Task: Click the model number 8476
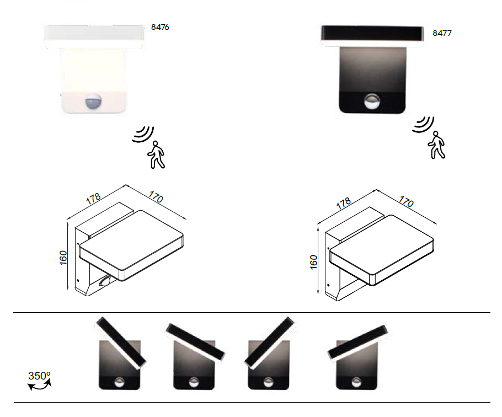coord(160,27)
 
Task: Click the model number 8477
coord(442,33)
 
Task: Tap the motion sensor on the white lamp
coord(93,102)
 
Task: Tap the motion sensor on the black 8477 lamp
coord(372,101)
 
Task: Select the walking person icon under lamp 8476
coord(156,154)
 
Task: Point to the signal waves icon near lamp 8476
coord(143,134)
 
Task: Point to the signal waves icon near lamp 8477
coord(423,124)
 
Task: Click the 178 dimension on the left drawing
coord(93,199)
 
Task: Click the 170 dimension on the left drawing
coord(156,197)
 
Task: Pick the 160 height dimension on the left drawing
coord(63,258)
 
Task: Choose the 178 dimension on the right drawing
coord(344,204)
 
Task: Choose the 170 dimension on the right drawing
coord(406,202)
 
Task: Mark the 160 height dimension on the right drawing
coord(314,263)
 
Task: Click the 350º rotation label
coord(39,376)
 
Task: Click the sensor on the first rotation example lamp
coord(119,382)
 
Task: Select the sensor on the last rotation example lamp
coord(356,382)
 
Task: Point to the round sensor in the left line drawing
coord(104,281)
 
